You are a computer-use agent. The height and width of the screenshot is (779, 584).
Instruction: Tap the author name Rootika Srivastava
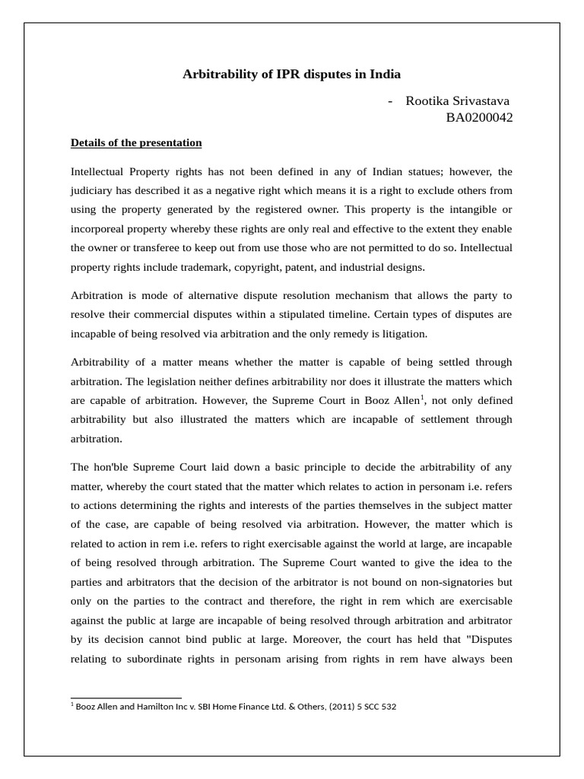pos(458,101)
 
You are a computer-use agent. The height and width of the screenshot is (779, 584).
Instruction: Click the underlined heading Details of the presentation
pos(136,142)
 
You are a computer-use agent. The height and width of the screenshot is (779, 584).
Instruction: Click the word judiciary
pos(94,190)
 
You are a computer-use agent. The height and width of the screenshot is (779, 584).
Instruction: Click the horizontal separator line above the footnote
pos(125,698)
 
